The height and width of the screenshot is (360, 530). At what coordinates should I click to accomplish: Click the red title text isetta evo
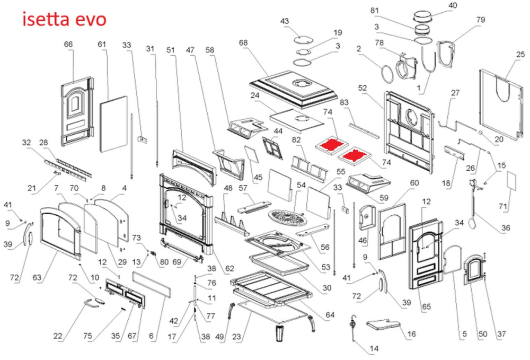tap(64, 20)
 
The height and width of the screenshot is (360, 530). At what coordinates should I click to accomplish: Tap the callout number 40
tap(453, 6)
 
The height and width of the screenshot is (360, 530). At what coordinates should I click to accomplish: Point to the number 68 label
tap(244, 42)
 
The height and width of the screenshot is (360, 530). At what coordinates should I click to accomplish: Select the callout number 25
tap(520, 54)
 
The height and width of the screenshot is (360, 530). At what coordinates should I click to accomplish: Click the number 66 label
tap(68, 45)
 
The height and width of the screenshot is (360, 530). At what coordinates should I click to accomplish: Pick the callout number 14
tap(374, 349)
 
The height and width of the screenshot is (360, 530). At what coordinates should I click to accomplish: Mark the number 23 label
tap(237, 336)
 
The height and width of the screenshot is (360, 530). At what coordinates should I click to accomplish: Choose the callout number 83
tap(343, 102)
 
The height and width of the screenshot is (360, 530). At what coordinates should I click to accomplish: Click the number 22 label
tap(59, 335)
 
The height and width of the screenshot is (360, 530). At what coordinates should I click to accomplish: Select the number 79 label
tap(481, 20)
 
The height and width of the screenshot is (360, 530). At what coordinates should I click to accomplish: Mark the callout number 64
tap(331, 315)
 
